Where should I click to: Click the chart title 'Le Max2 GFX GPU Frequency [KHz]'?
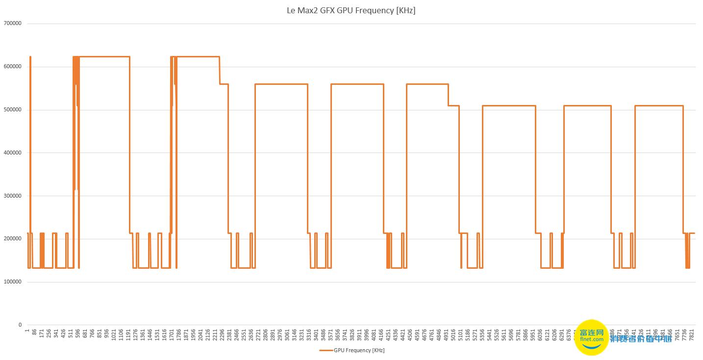pos(351,10)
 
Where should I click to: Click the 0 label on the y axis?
pos(20,325)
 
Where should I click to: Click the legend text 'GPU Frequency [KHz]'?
pos(359,350)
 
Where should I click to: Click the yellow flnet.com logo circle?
pos(591,337)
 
